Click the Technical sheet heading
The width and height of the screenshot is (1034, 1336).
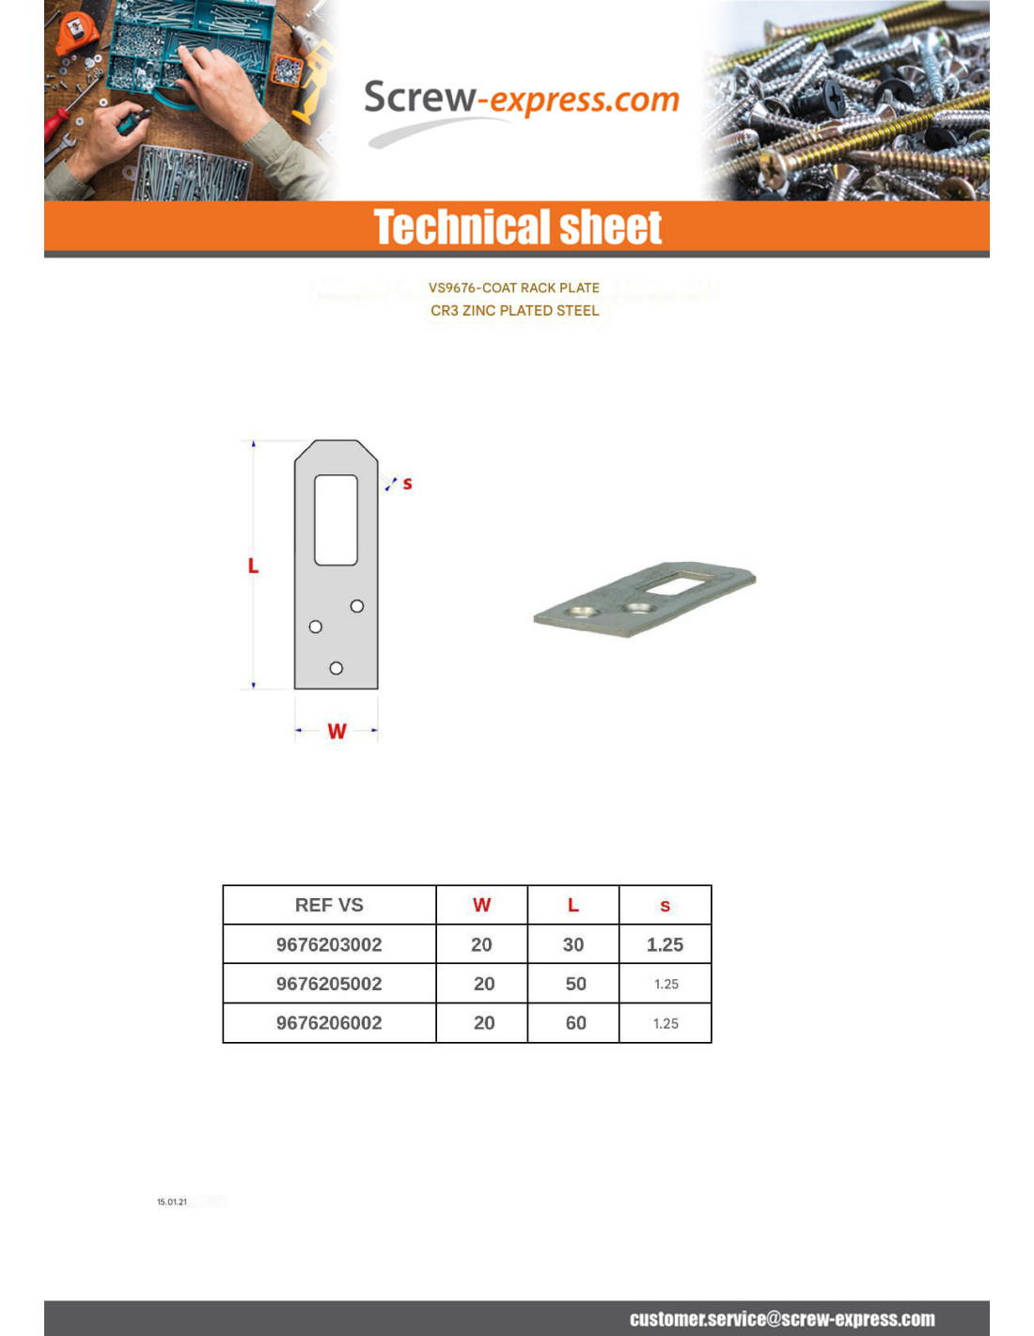518,227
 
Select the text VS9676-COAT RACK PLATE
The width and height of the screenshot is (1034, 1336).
513,288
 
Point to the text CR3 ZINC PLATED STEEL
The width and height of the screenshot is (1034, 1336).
514,311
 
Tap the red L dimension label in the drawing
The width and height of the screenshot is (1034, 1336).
253,566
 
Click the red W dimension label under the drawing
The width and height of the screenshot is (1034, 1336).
337,731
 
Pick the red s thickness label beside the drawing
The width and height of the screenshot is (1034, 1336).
407,484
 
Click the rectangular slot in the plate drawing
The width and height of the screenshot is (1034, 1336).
336,520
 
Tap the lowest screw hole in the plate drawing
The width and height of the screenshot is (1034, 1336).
337,668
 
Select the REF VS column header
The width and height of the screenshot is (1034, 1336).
329,905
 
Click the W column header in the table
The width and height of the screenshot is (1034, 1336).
481,905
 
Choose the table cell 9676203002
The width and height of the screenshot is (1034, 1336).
329,944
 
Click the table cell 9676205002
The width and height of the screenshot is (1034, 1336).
329,984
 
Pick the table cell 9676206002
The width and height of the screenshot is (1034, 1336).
329,1023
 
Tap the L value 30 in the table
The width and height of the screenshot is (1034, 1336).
573,944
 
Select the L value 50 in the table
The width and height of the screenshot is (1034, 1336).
575,984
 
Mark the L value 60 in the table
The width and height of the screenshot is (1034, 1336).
575,1023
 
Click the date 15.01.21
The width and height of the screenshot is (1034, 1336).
172,1202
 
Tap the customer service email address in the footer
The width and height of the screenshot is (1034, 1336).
782,1319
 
